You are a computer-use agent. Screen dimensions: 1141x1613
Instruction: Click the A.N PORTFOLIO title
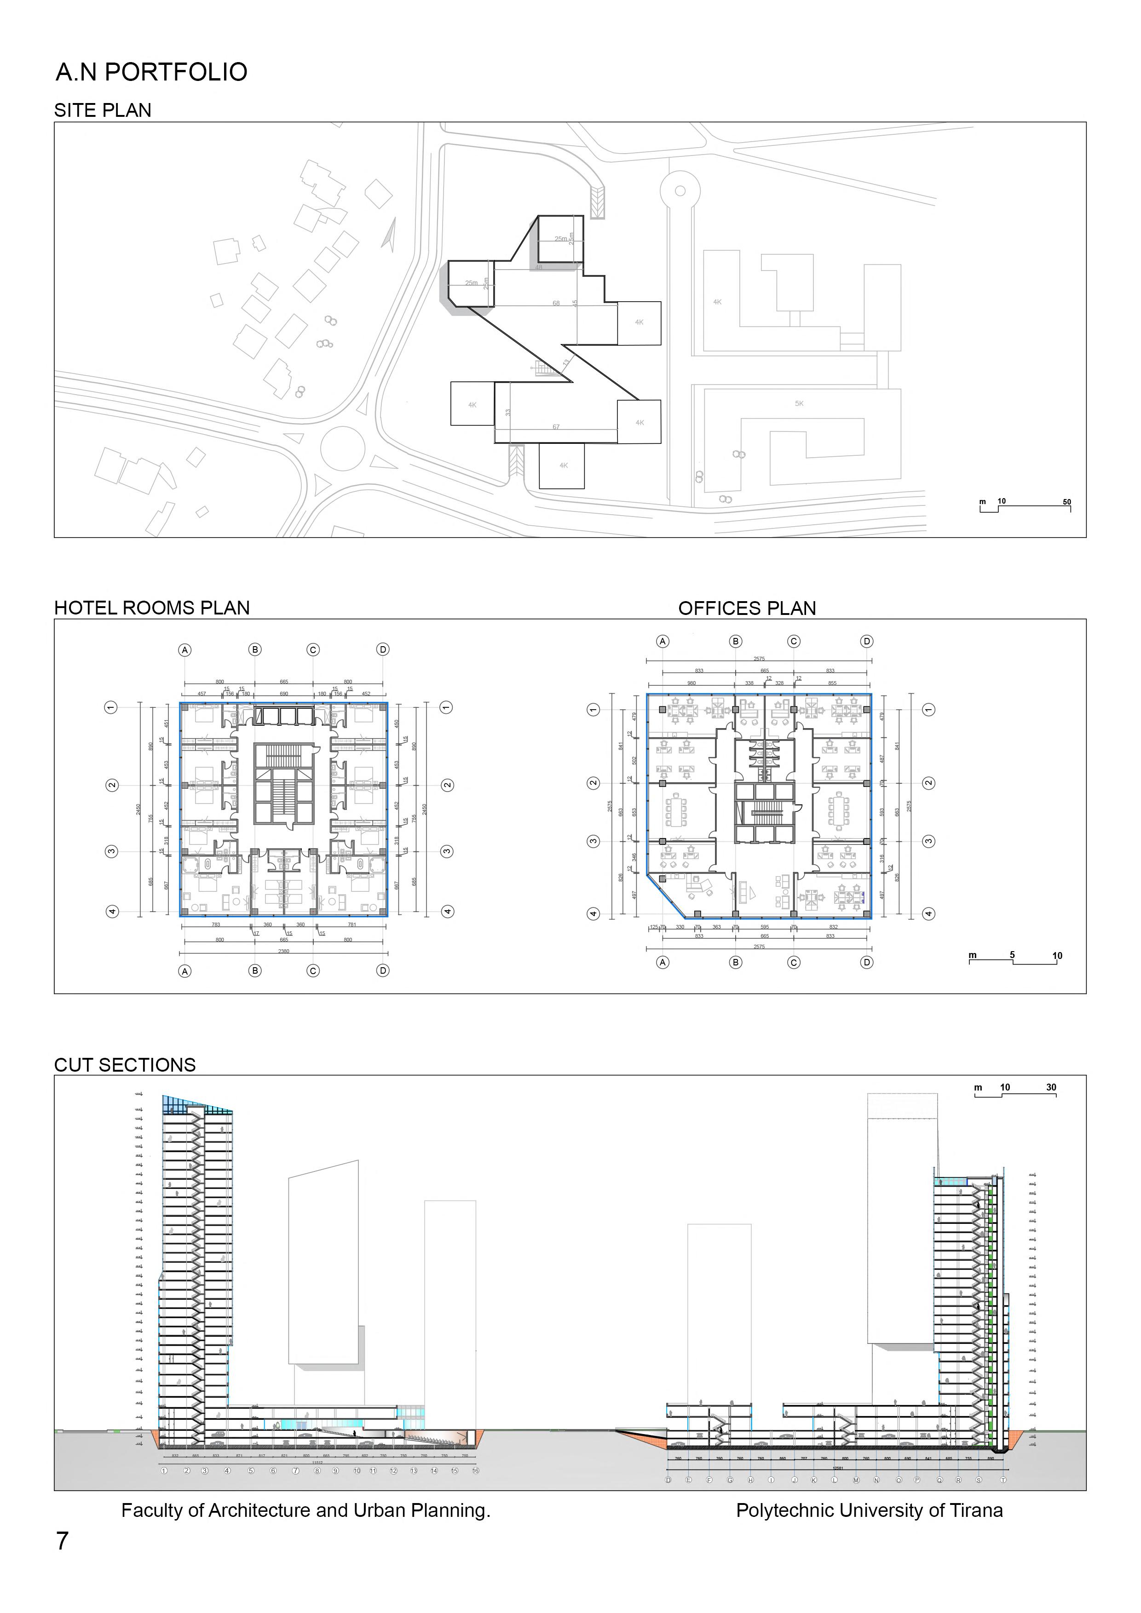[151, 72]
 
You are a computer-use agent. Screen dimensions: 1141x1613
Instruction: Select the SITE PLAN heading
[103, 110]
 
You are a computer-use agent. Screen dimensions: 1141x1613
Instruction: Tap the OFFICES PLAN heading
[747, 608]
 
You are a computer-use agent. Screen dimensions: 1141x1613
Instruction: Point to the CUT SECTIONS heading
[125, 1065]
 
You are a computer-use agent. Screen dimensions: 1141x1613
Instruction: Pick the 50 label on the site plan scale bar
[1066, 502]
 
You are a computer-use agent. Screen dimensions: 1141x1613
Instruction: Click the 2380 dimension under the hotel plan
[283, 951]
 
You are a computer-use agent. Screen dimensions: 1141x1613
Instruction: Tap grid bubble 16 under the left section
[476, 1470]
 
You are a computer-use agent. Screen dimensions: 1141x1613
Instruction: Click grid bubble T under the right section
[1003, 1480]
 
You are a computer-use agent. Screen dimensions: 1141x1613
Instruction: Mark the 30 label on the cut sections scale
[1051, 1087]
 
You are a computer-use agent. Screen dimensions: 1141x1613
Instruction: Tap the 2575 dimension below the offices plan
[759, 946]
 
